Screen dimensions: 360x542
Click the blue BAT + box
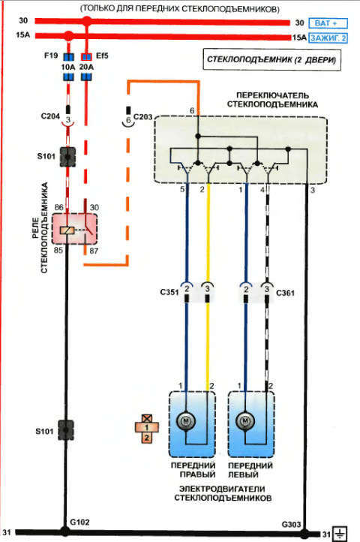[x=328, y=23]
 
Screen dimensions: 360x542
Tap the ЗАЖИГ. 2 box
[x=328, y=38]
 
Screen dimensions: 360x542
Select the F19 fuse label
[x=51, y=56]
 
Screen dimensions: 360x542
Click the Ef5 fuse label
[x=102, y=56]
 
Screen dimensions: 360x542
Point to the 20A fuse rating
[x=86, y=67]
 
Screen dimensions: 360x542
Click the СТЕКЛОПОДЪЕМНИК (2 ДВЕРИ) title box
[x=271, y=60]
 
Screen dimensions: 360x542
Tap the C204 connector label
[x=50, y=116]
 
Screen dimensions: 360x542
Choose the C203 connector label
[x=142, y=117]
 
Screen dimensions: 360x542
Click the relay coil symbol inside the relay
[x=67, y=230]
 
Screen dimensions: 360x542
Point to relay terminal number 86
[x=59, y=207]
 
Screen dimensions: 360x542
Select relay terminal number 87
[x=94, y=251]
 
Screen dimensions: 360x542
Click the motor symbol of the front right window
[x=186, y=421]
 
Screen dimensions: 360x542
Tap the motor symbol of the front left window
[x=245, y=421]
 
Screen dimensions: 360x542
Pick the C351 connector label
[x=169, y=293]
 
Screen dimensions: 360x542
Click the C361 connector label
[x=285, y=293]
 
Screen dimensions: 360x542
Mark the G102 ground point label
[x=79, y=522]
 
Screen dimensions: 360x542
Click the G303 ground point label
[x=292, y=525]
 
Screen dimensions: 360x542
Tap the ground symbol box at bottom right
[x=340, y=534]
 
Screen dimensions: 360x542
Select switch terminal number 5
[x=182, y=190]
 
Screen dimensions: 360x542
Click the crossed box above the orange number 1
[x=147, y=419]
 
